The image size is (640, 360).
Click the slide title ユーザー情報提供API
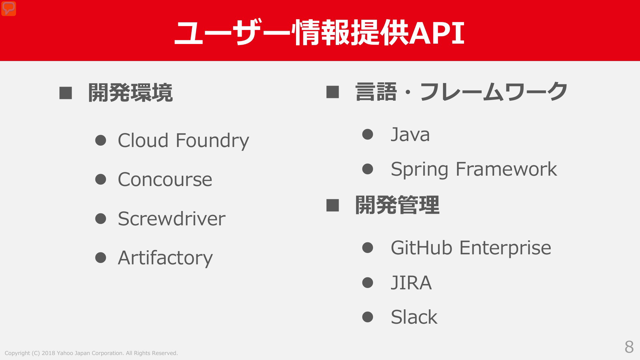[x=319, y=33]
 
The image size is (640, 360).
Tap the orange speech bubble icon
[x=9, y=9]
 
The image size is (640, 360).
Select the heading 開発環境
[x=130, y=93]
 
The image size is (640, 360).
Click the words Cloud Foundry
[x=183, y=141]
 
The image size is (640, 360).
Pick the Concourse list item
[x=165, y=180]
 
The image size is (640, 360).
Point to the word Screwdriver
[x=172, y=219]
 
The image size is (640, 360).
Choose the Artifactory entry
[x=165, y=258]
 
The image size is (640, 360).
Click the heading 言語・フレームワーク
[x=461, y=92]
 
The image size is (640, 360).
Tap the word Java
[x=410, y=135]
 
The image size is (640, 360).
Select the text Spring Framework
[x=474, y=169]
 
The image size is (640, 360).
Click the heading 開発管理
[x=397, y=205]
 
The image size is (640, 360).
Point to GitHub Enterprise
[x=471, y=248]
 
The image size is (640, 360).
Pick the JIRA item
[x=411, y=283]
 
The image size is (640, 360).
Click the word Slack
[x=414, y=317]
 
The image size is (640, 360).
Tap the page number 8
[x=629, y=347]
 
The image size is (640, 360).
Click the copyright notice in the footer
[x=91, y=353]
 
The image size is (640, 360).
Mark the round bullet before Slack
[x=367, y=317]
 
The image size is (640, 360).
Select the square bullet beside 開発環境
[x=66, y=93]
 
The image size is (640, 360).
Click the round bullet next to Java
[x=367, y=134]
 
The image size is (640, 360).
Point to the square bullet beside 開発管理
[x=333, y=205]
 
